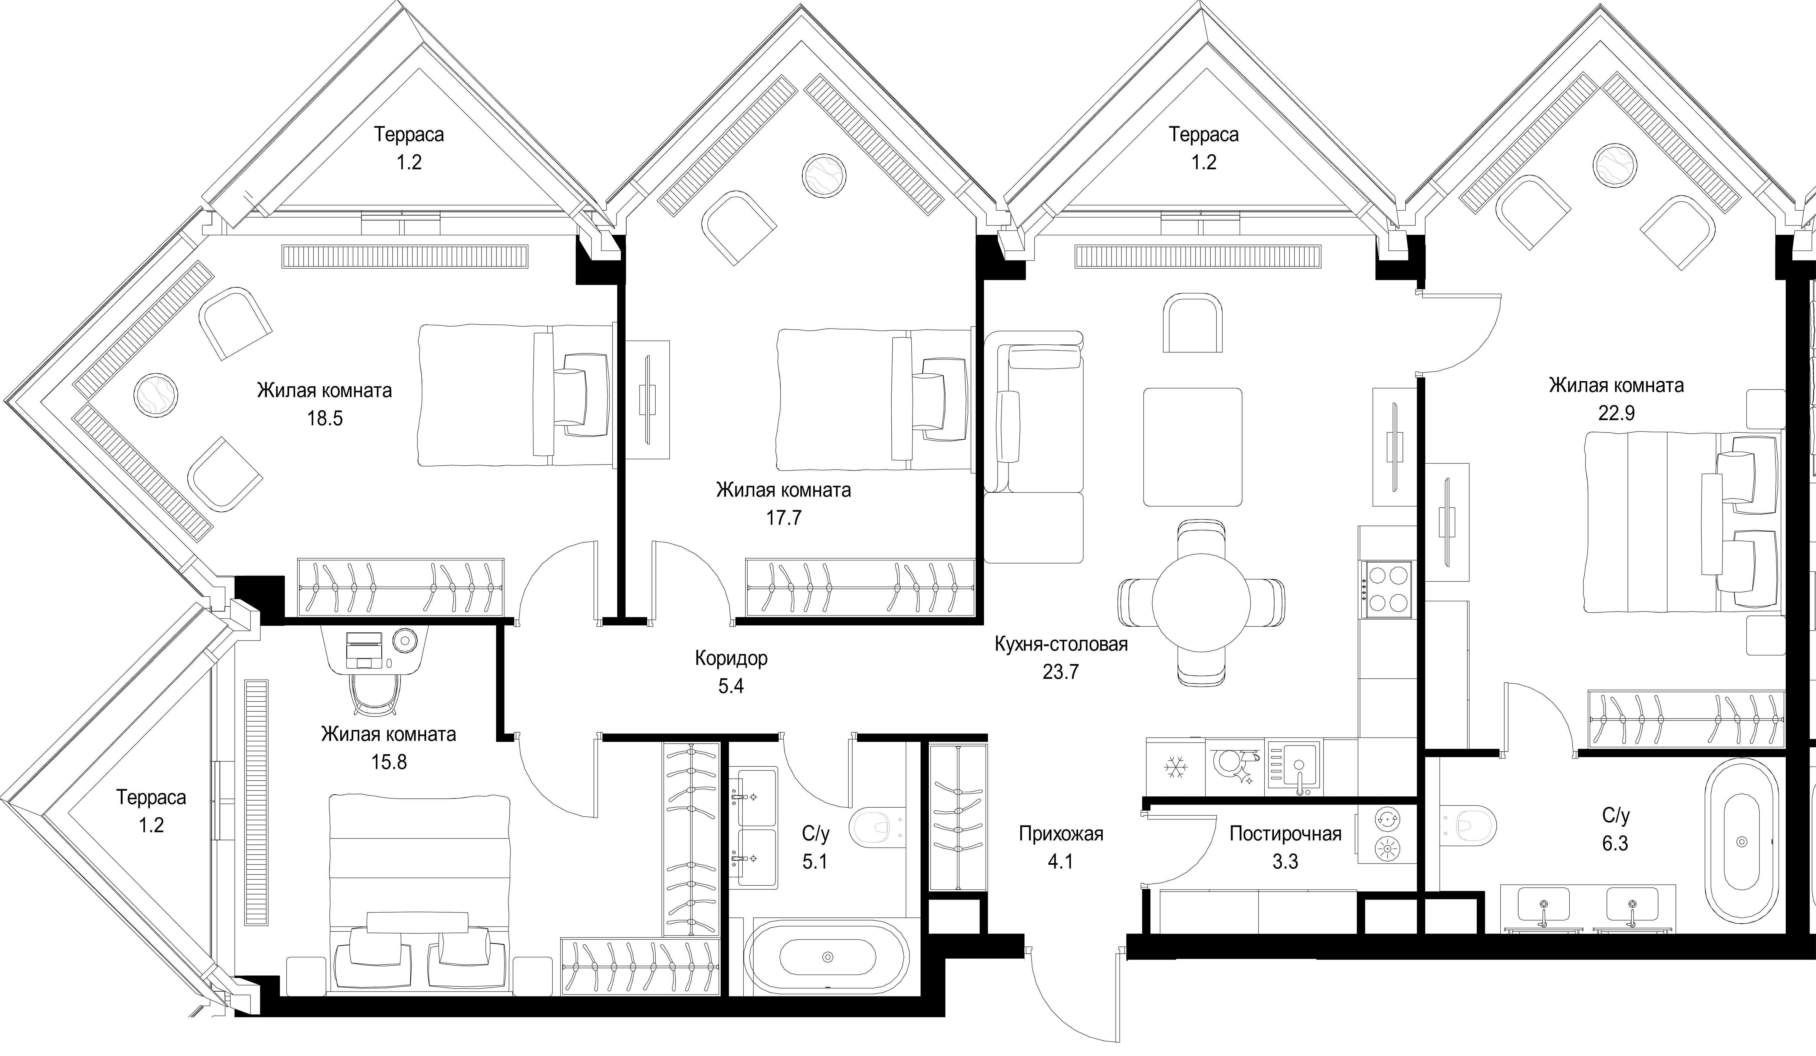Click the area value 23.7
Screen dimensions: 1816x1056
pos(1061,672)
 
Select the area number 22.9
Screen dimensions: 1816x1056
pos(1616,413)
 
